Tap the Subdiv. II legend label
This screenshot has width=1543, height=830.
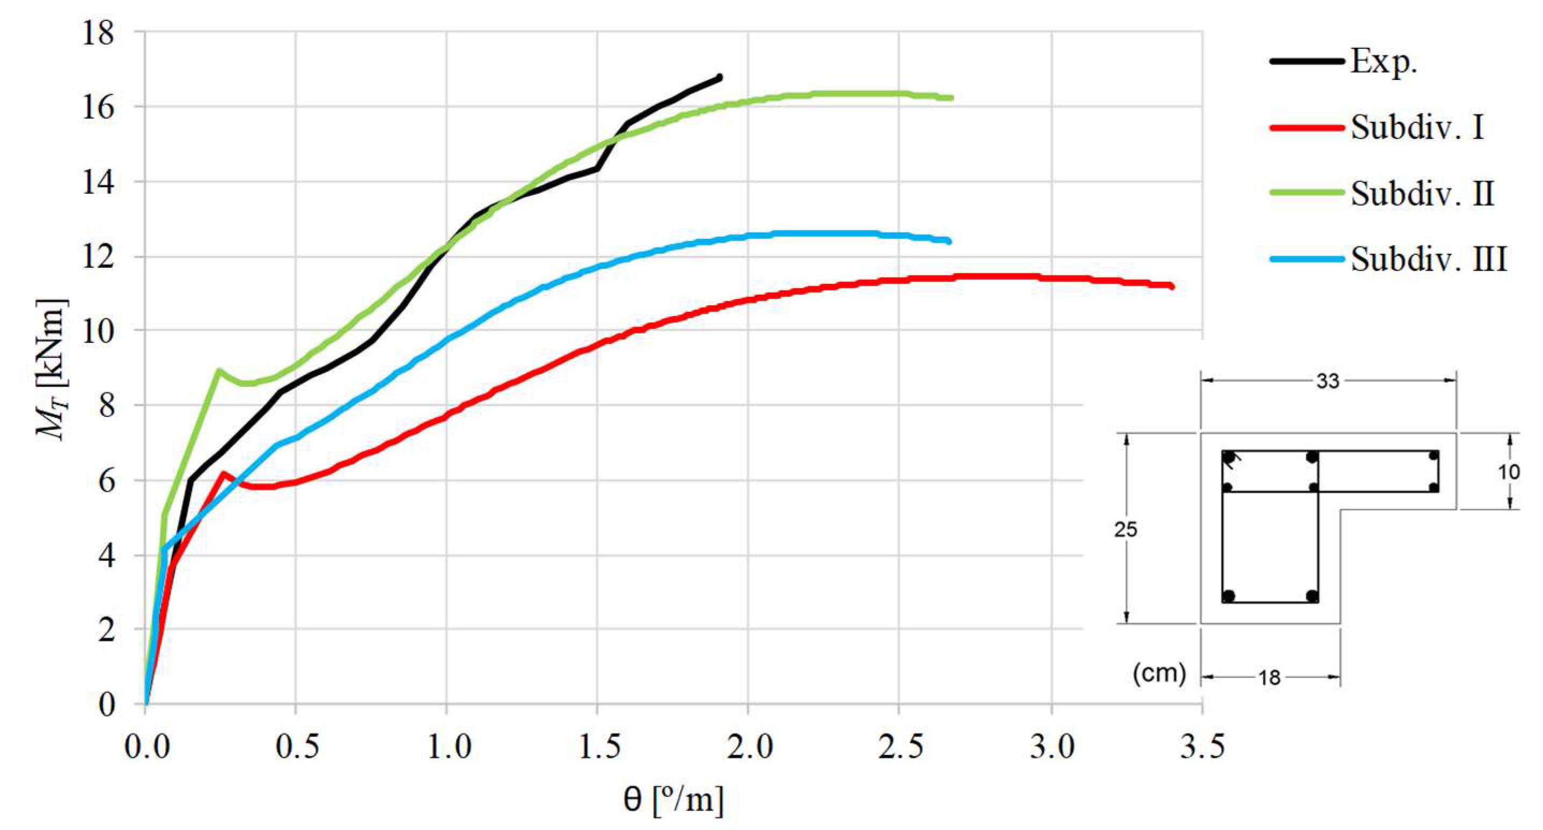1422,194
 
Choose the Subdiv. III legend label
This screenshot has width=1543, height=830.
1428,259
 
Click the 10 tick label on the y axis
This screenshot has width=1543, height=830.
98,330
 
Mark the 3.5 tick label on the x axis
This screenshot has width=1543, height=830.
1202,747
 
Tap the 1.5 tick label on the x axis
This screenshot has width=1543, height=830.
597,747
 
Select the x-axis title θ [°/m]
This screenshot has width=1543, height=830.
673,800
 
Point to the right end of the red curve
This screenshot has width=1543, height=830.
1172,287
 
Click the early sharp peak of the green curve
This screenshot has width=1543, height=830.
219,371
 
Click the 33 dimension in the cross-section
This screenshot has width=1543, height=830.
1327,381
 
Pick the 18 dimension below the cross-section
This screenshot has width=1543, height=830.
1269,678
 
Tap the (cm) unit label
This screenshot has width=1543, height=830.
1159,673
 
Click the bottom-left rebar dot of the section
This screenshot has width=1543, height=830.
1229,596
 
